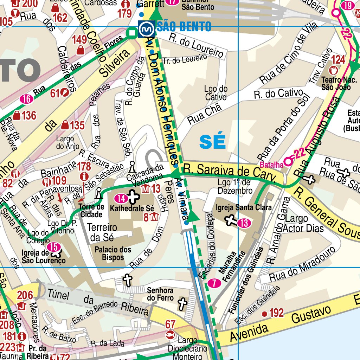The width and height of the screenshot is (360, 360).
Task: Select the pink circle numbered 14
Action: click(x=121, y=198)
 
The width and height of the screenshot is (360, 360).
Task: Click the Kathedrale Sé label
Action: click(x=132, y=208)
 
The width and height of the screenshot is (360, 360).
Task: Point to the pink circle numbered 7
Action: click(x=214, y=283)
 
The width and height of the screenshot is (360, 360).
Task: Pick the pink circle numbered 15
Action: click(x=54, y=247)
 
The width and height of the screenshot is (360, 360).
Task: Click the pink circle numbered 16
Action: click(x=26, y=99)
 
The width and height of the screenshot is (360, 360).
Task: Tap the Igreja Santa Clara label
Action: click(x=244, y=208)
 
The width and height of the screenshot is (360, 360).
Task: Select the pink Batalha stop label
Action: click(x=272, y=165)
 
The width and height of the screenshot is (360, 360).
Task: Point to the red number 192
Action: click(x=276, y=313)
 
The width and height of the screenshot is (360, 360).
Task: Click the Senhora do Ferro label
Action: click(x=160, y=294)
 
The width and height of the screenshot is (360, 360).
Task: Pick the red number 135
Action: click(x=77, y=125)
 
